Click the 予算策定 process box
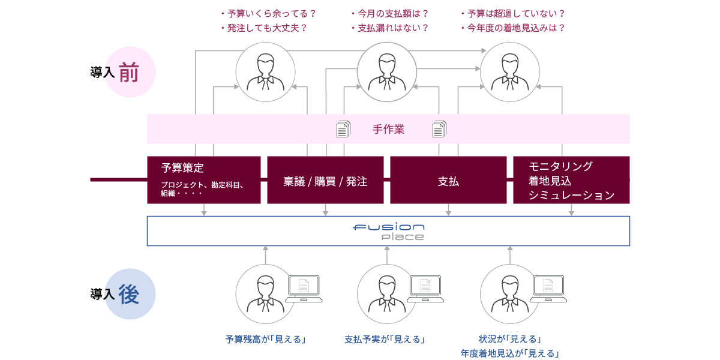(203, 179)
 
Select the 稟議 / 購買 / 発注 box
(325, 180)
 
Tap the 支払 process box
(448, 180)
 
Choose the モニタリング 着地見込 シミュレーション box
(571, 180)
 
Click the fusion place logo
(388, 231)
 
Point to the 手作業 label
(388, 129)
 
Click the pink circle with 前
(130, 72)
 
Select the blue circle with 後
(130, 294)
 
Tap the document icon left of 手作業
(343, 128)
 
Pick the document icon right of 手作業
(440, 128)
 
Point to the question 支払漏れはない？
(389, 28)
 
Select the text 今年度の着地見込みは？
(513, 28)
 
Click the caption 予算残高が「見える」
(266, 340)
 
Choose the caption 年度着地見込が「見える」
(509, 353)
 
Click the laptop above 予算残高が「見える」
(304, 288)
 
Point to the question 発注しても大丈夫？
(264, 28)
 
